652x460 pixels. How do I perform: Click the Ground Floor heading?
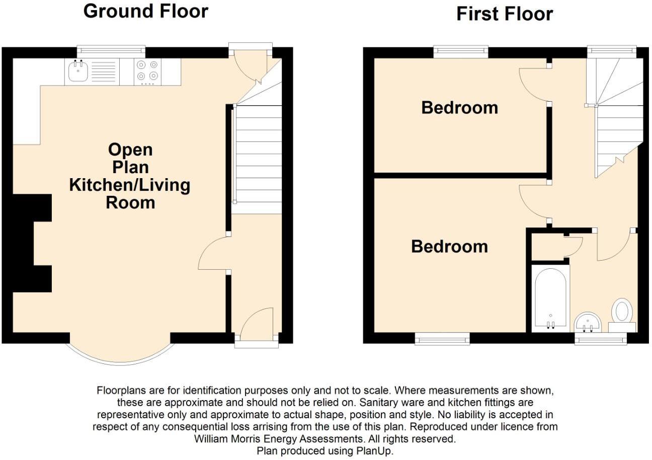point(145,11)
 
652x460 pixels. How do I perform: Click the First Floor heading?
point(504,14)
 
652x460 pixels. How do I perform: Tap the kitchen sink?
point(78,72)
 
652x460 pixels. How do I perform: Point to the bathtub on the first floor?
point(550,297)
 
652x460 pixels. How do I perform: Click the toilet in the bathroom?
point(622,312)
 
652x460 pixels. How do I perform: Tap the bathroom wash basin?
point(588,322)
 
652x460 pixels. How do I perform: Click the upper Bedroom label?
point(459,107)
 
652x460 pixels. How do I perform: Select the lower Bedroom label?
point(449,246)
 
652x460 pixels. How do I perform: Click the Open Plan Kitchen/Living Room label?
point(130,176)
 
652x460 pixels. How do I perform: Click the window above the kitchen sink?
point(111,50)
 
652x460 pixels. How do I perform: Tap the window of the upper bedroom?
point(461,50)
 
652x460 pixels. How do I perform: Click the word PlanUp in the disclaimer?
point(375,451)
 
